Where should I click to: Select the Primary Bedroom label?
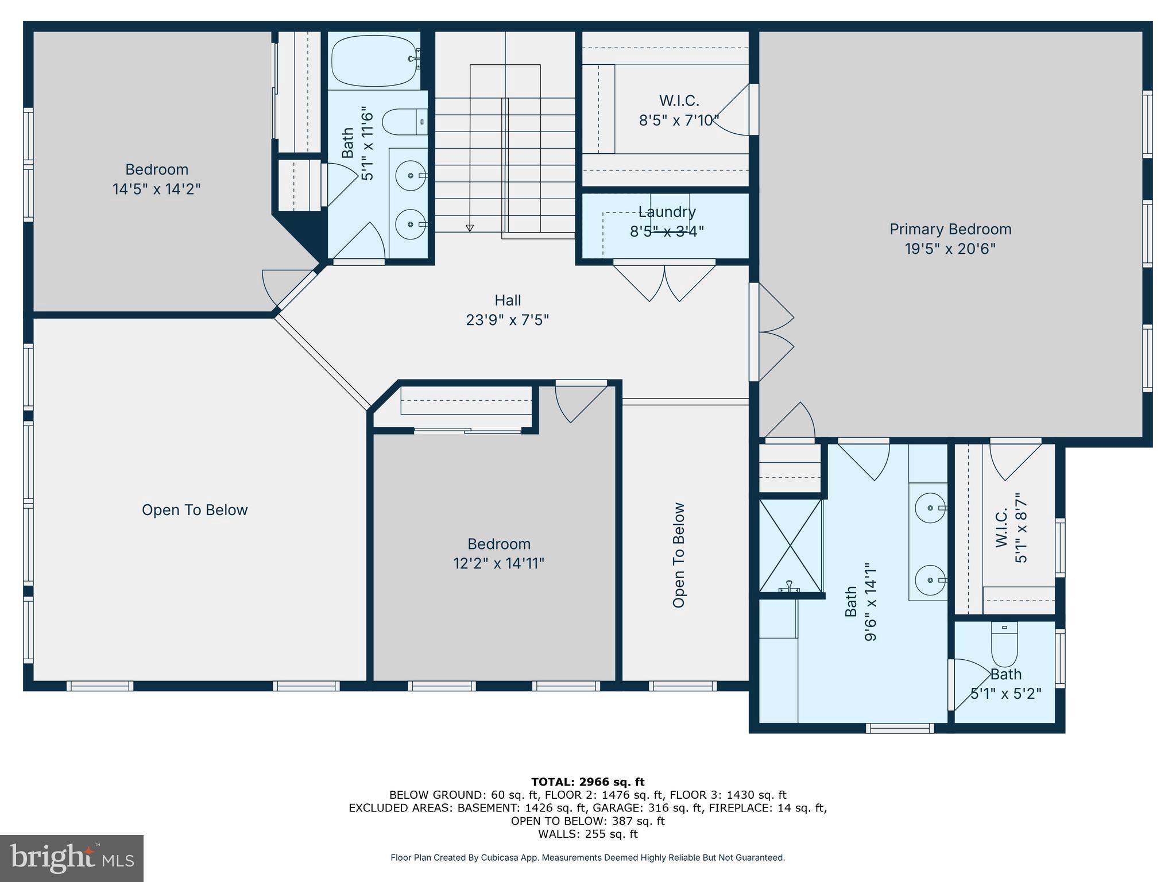tap(950, 229)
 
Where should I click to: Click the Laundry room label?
tap(667, 212)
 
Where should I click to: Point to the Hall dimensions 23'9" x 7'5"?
tap(507, 320)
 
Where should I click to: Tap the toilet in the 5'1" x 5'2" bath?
tap(1004, 644)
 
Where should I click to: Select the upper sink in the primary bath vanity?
tap(930, 508)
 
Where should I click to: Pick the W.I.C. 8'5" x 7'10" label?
tap(679, 110)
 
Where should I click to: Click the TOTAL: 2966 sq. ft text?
tap(587, 782)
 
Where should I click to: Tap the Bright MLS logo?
tap(72, 858)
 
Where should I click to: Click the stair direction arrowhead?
tap(470, 228)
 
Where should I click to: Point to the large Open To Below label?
tap(195, 510)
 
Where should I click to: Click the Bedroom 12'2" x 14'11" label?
tap(498, 553)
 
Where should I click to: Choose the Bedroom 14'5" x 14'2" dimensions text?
tap(156, 189)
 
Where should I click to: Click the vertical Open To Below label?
tap(679, 555)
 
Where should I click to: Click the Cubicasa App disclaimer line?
tap(587, 857)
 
